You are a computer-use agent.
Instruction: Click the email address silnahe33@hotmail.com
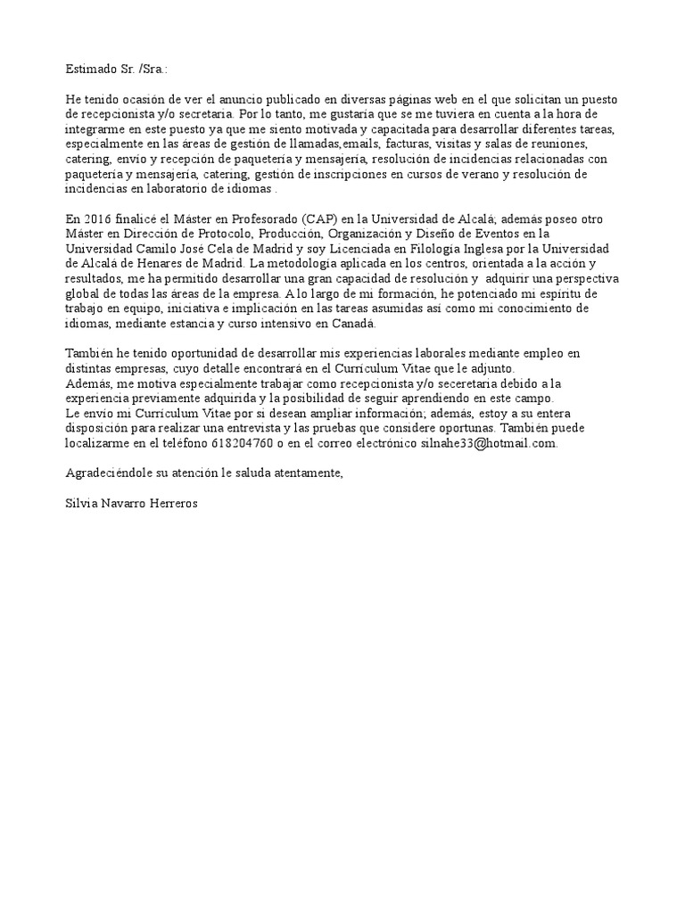click(489, 443)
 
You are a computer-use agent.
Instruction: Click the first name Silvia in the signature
click(83, 503)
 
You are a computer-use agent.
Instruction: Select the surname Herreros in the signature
click(172, 503)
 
